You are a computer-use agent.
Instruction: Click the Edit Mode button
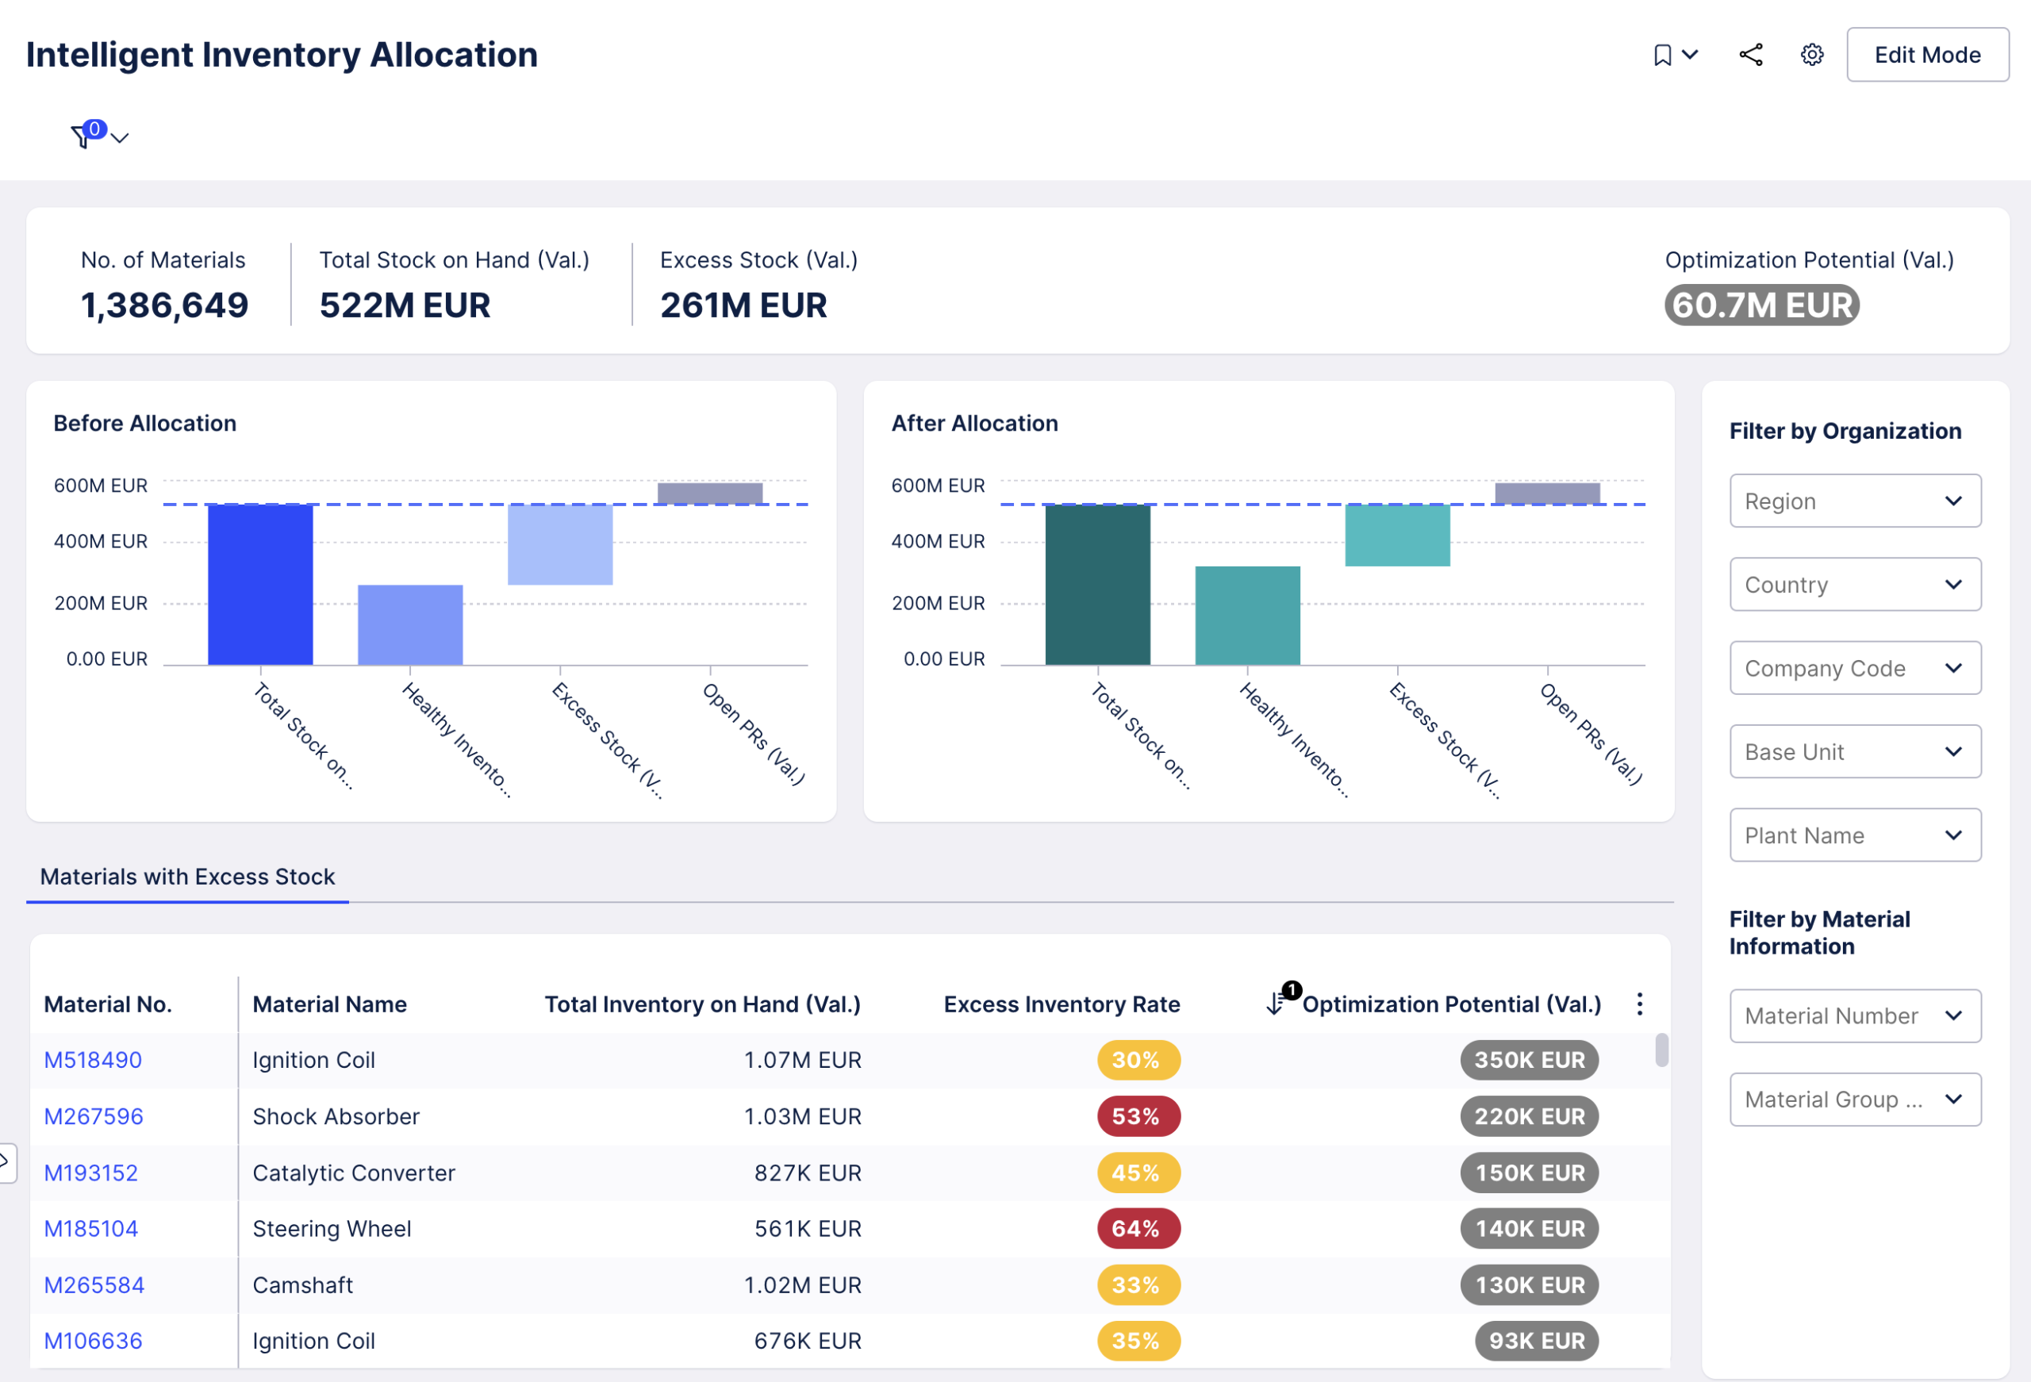tap(1926, 55)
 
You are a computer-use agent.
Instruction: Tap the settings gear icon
tap(1812, 55)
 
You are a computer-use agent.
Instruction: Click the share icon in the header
tap(1750, 55)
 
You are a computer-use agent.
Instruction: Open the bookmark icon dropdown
tap(1675, 55)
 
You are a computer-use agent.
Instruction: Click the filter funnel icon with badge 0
tap(83, 136)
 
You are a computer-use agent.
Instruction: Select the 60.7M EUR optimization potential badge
tap(1761, 305)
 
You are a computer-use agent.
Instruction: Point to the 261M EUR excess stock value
tap(743, 305)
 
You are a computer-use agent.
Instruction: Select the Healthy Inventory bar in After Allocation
tap(1247, 616)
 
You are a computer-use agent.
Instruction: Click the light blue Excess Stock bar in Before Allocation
tap(560, 544)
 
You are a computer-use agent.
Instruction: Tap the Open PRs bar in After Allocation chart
tap(1547, 493)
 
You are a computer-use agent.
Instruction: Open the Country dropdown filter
tap(1854, 584)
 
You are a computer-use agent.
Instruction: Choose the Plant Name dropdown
tap(1854, 835)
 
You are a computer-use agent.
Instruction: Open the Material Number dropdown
tap(1854, 1015)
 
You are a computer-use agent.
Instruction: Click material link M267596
tap(94, 1116)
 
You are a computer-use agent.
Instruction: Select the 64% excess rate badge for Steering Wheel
tap(1138, 1228)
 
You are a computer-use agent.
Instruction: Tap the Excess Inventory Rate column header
tap(1061, 1004)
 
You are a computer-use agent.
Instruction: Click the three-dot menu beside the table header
tap(1640, 1004)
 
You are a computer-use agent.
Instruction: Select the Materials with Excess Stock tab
tap(187, 877)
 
